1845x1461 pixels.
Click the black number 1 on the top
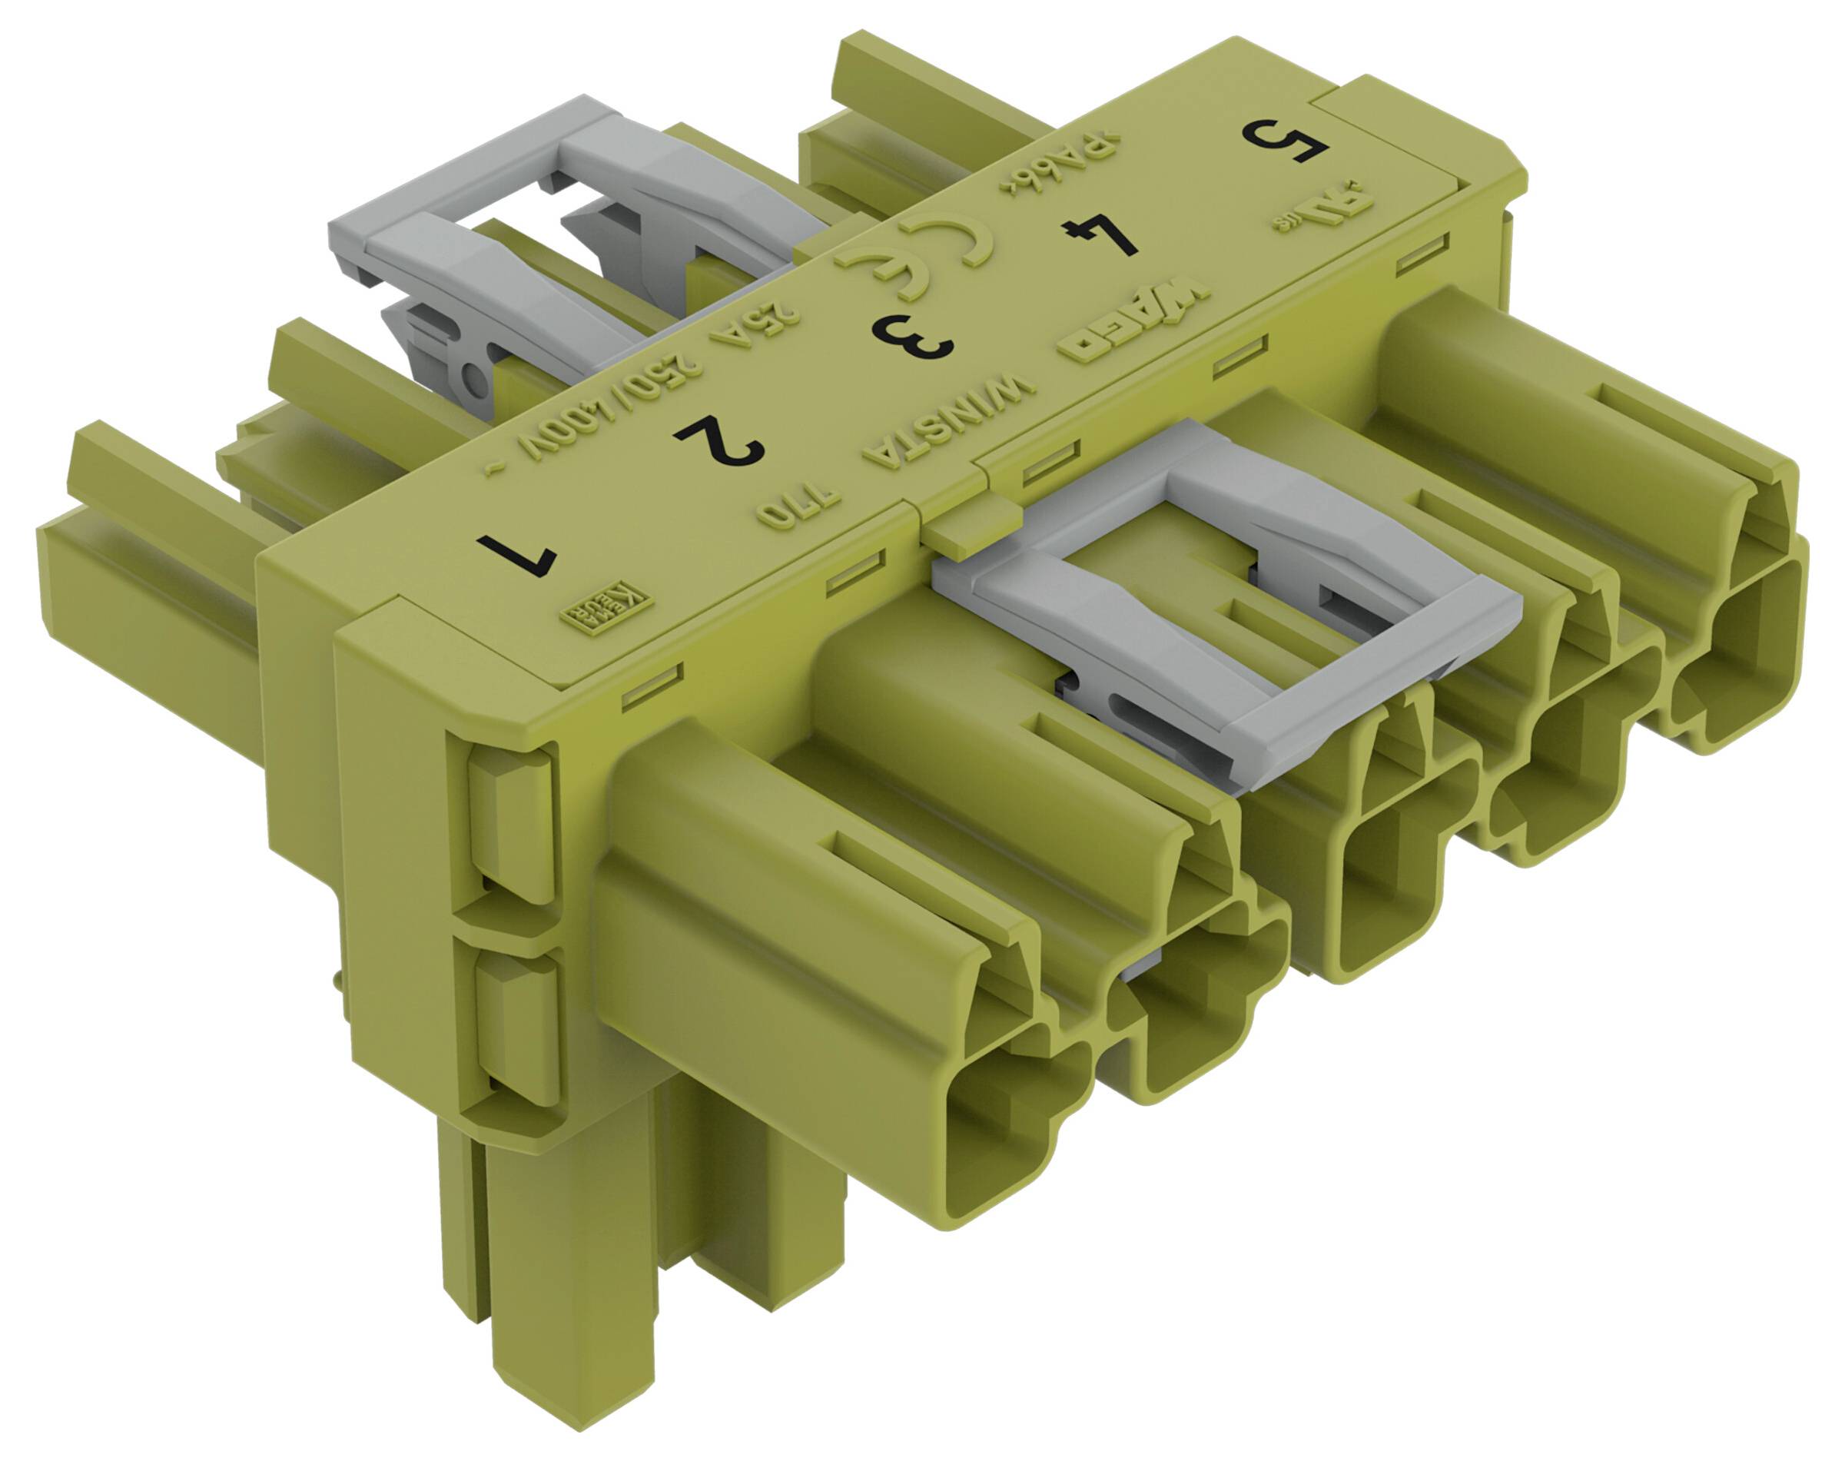(x=516, y=554)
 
